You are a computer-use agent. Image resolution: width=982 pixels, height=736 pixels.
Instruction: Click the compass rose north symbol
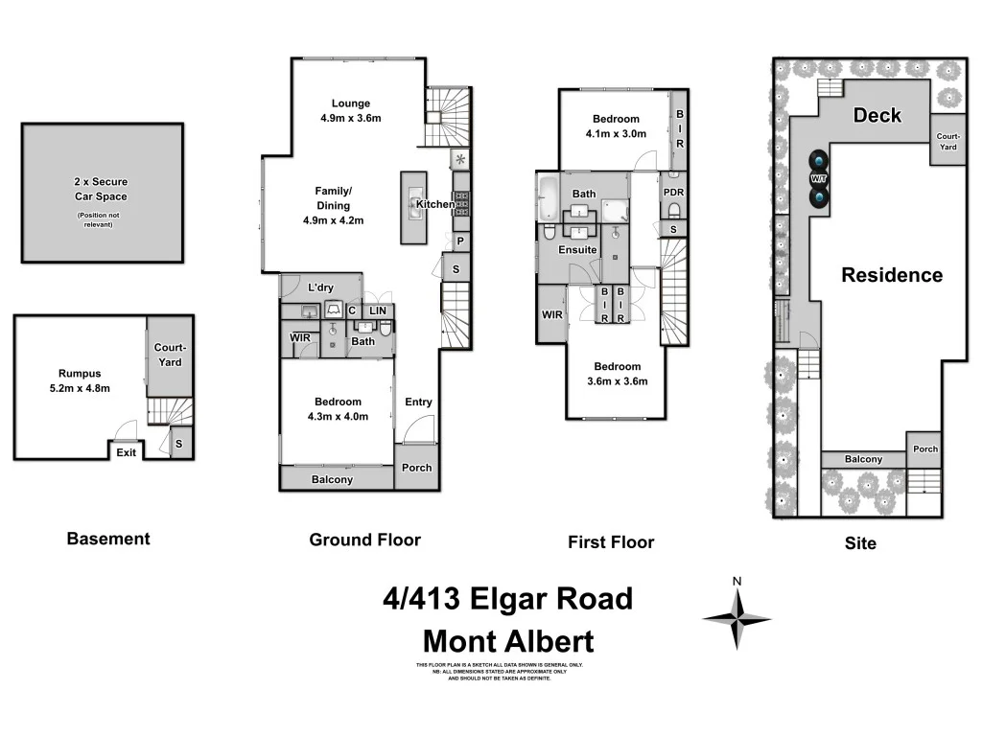(x=736, y=617)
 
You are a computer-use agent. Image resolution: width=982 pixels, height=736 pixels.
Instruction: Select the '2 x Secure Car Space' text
(x=101, y=189)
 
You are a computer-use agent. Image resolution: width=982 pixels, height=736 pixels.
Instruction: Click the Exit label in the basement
(x=126, y=452)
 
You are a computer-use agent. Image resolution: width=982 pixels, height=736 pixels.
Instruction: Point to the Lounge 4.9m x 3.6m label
(x=351, y=111)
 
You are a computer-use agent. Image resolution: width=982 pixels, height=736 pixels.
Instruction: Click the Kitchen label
(x=434, y=204)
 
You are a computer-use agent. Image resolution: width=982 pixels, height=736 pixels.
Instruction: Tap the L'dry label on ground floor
(x=320, y=287)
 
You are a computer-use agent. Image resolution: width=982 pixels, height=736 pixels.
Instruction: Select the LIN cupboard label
(x=379, y=310)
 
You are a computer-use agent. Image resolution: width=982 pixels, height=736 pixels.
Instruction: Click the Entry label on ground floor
(x=418, y=402)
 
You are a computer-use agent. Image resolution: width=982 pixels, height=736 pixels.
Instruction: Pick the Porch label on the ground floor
(x=416, y=468)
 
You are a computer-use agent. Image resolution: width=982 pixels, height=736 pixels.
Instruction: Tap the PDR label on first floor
(x=673, y=192)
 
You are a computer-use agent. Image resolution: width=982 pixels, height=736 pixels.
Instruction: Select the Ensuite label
(x=578, y=250)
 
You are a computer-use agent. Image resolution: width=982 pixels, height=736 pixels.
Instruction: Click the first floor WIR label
(x=551, y=314)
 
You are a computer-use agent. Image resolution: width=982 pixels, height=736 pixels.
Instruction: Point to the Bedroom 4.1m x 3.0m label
(x=617, y=126)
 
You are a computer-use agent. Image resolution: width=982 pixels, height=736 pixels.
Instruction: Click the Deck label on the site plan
(x=877, y=116)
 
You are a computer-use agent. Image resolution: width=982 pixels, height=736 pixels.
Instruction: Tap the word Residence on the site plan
(x=892, y=275)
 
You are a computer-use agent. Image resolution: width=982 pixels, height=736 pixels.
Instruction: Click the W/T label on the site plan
(x=818, y=178)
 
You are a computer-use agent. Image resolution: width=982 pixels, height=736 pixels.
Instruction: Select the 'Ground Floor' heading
(x=364, y=540)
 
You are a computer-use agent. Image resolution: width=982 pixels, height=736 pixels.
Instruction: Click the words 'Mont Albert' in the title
(x=508, y=641)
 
